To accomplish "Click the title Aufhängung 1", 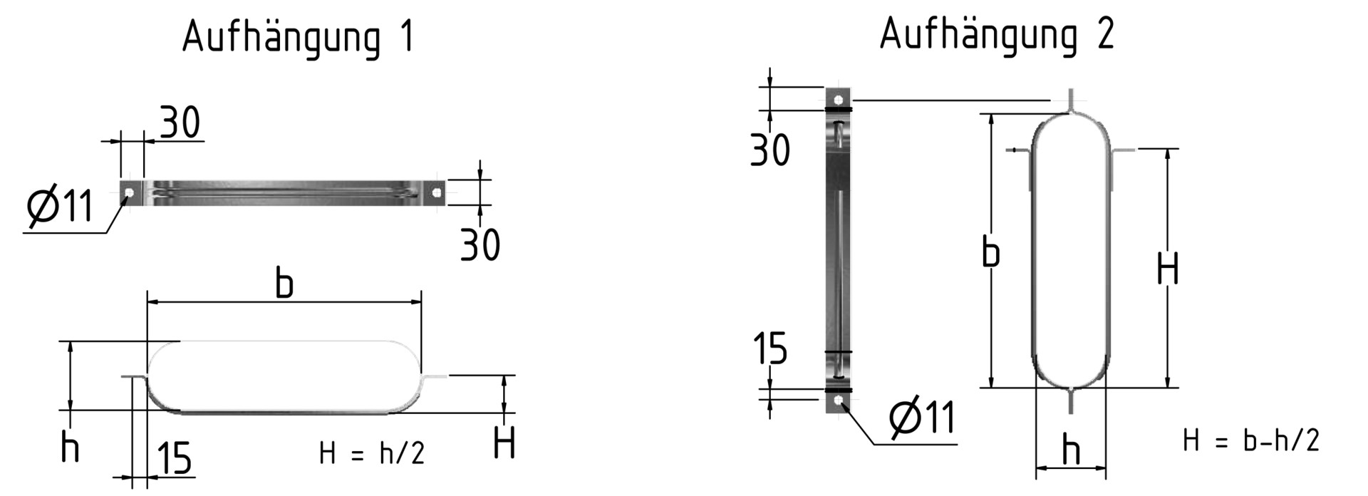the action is (x=298, y=38).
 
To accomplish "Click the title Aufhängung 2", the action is (x=997, y=34).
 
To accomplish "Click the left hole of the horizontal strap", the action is (x=129, y=192).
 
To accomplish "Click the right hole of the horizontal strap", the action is (x=437, y=192).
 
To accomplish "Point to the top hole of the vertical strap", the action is (x=839, y=99).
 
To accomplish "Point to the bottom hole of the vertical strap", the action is (x=839, y=401).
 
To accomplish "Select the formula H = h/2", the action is (x=372, y=453).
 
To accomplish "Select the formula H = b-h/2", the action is (x=1251, y=440).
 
